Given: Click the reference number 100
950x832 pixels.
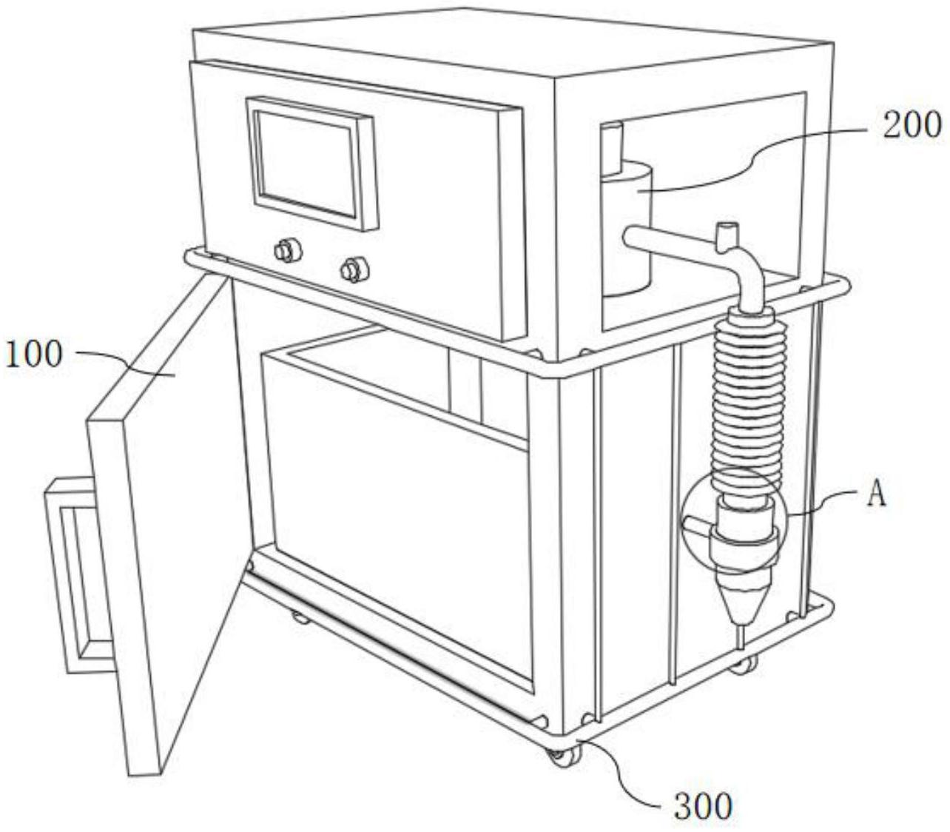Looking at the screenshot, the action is point(34,355).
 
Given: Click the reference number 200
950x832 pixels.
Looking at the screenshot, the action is point(912,124).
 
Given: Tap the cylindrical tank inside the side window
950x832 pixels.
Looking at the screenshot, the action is point(625,226).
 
